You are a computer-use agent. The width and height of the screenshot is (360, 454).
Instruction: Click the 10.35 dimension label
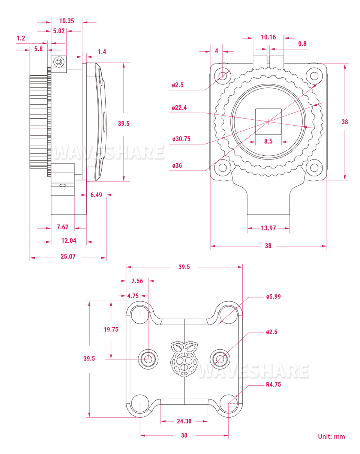click(66, 21)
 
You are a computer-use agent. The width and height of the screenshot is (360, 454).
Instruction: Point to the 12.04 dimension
click(69, 241)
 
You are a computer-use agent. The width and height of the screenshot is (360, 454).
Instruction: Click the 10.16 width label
click(268, 37)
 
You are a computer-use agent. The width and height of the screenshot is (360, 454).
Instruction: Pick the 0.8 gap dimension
click(302, 44)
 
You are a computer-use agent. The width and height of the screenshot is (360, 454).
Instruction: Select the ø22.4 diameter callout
click(179, 108)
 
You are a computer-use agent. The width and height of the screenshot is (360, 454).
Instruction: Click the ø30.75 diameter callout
click(181, 139)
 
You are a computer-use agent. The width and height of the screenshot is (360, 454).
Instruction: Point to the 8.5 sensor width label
click(268, 141)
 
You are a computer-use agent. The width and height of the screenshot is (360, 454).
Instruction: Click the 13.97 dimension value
click(268, 228)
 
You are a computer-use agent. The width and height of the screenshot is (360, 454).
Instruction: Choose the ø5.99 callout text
click(273, 297)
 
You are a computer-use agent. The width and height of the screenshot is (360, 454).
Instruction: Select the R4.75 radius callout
click(273, 384)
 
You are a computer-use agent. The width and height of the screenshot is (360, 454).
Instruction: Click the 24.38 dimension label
click(184, 421)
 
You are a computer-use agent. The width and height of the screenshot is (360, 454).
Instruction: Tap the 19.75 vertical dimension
click(111, 329)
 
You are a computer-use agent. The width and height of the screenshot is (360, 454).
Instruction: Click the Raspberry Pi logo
click(184, 358)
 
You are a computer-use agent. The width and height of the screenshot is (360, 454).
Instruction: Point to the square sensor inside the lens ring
click(268, 121)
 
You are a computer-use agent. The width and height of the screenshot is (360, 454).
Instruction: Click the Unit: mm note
click(331, 436)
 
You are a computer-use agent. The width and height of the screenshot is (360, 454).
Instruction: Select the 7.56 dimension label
click(137, 281)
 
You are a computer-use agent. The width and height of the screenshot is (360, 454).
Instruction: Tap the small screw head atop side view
click(58, 61)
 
